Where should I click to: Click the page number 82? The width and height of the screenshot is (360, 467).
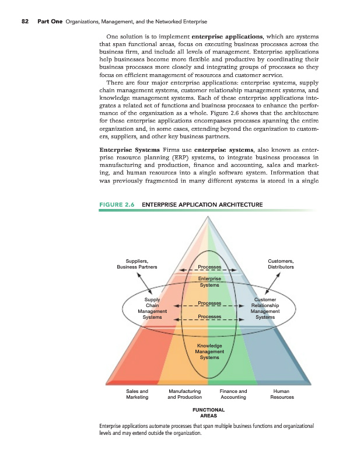[x=25, y=22]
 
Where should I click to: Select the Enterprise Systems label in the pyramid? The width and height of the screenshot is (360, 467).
[x=209, y=282]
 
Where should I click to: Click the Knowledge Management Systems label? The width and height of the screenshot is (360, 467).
[x=209, y=351]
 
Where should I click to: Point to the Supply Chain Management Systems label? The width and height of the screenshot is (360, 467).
[x=152, y=309]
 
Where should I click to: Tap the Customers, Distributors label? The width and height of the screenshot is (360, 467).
[x=280, y=264]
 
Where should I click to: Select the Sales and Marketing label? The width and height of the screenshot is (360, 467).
[x=137, y=394]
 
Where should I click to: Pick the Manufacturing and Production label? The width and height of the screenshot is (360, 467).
[x=184, y=394]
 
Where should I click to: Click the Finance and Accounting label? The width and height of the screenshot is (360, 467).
[x=233, y=394]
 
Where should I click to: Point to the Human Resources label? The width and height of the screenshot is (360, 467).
[x=282, y=394]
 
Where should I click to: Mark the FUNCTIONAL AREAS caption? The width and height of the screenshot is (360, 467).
[x=209, y=413]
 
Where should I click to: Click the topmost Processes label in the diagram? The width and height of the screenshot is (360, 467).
[x=209, y=267]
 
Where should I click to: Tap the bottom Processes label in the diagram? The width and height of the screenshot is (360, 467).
[x=209, y=317]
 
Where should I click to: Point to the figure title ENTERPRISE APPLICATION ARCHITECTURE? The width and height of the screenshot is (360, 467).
[x=202, y=204]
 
